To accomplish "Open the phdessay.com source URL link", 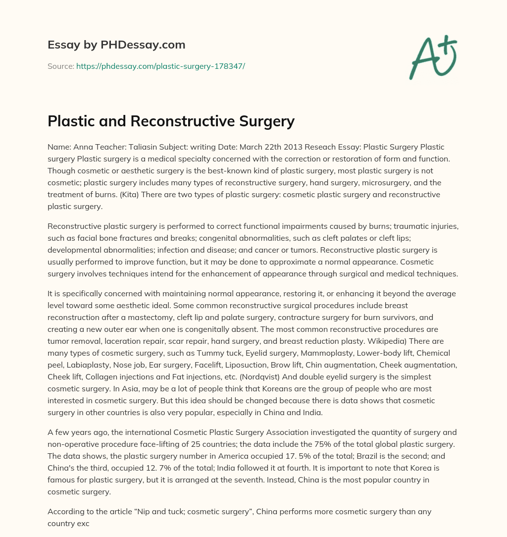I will (160, 66).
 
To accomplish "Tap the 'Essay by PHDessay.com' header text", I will (116, 45).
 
